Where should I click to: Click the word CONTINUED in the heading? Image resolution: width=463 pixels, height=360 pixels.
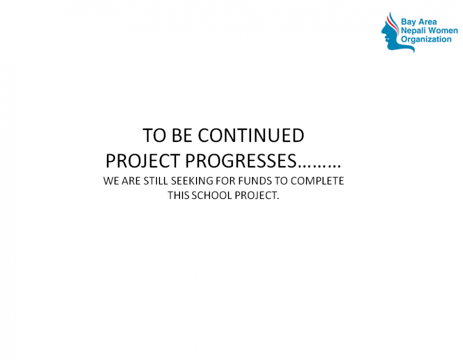251,135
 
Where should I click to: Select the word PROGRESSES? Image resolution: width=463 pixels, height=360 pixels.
241,161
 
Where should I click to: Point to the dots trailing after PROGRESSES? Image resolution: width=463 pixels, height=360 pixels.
319,167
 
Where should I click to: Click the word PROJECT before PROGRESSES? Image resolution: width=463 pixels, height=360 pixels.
143,161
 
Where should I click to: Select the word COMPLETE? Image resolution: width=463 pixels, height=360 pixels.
317,181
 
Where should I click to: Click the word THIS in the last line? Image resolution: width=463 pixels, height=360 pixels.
179,195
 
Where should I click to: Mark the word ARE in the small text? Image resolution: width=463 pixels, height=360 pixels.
131,181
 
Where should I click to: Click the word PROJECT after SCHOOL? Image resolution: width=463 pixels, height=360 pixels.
257,195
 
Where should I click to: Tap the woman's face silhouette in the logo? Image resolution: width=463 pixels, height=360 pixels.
390,34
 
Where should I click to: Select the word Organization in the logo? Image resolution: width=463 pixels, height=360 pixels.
426,40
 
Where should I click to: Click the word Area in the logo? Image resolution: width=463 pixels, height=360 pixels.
427,22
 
